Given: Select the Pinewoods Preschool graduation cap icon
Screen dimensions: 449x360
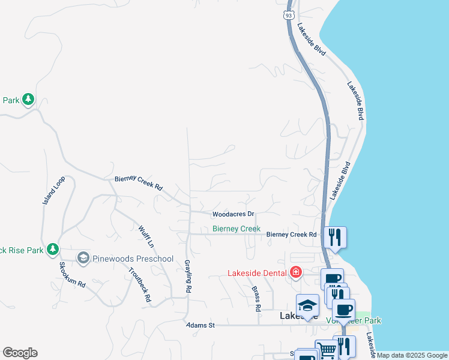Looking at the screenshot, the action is point(83,259).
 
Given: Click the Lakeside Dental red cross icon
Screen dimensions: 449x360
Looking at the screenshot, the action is point(295,273).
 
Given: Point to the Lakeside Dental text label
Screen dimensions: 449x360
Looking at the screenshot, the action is point(257,274).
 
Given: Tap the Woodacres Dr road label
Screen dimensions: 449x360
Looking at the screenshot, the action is point(234,214).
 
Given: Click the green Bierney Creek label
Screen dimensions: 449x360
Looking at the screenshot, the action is point(237,229).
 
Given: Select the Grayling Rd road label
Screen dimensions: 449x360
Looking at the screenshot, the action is point(188,277).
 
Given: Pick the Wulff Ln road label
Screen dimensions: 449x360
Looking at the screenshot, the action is point(146,236).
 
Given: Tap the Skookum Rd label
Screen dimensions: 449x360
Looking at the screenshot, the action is point(71,275).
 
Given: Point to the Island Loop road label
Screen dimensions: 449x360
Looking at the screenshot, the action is point(53,191).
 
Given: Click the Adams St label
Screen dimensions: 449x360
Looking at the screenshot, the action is point(200,325).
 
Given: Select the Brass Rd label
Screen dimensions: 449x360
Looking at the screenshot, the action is point(256,298).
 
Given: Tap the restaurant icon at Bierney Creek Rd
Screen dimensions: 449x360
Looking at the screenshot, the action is point(335,236).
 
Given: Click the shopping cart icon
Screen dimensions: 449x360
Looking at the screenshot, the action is point(326,350).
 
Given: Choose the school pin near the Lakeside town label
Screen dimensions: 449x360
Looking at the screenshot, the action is point(307,305).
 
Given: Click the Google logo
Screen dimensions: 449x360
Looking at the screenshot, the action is point(20,353).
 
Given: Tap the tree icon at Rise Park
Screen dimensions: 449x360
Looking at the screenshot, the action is point(53,248).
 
